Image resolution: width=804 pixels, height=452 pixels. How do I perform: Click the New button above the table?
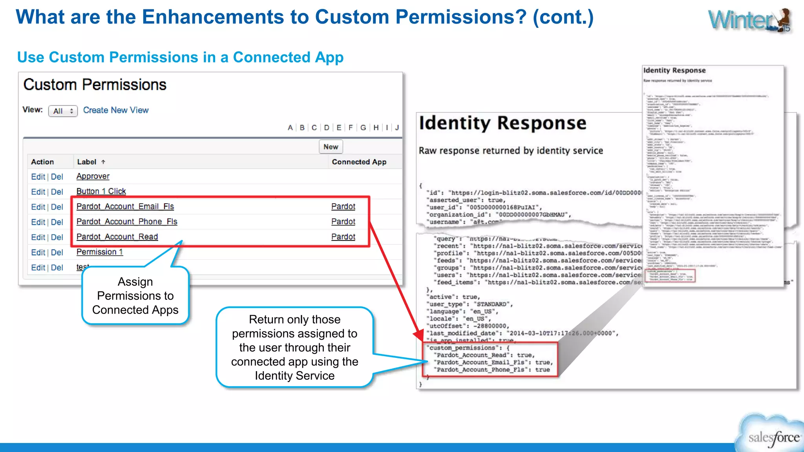coord(331,147)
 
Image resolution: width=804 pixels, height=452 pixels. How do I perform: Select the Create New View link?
coord(116,110)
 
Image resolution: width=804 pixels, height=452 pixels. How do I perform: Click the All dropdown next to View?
coord(63,111)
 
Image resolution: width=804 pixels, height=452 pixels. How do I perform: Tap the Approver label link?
coord(93,176)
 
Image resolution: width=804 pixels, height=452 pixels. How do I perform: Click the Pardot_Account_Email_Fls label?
coord(125,206)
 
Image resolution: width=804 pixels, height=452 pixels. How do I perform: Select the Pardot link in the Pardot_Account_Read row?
coord(343,237)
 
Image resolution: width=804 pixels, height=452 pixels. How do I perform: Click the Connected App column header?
coord(359,162)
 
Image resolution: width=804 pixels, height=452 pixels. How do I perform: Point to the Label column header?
coord(87,162)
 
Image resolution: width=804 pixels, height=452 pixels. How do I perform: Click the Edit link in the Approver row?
coord(38,177)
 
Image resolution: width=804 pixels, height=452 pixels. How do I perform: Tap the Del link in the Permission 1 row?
coord(57,252)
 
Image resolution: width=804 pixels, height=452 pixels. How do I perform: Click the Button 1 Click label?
coord(101,191)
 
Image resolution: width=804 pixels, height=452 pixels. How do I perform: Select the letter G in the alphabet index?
coord(363,128)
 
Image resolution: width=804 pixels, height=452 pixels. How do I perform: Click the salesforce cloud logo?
coord(772,436)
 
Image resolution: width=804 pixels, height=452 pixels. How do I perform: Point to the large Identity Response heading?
coord(502,123)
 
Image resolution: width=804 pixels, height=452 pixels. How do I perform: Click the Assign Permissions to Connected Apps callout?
coord(135,295)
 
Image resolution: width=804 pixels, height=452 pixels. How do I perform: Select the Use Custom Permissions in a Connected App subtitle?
coord(180,57)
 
